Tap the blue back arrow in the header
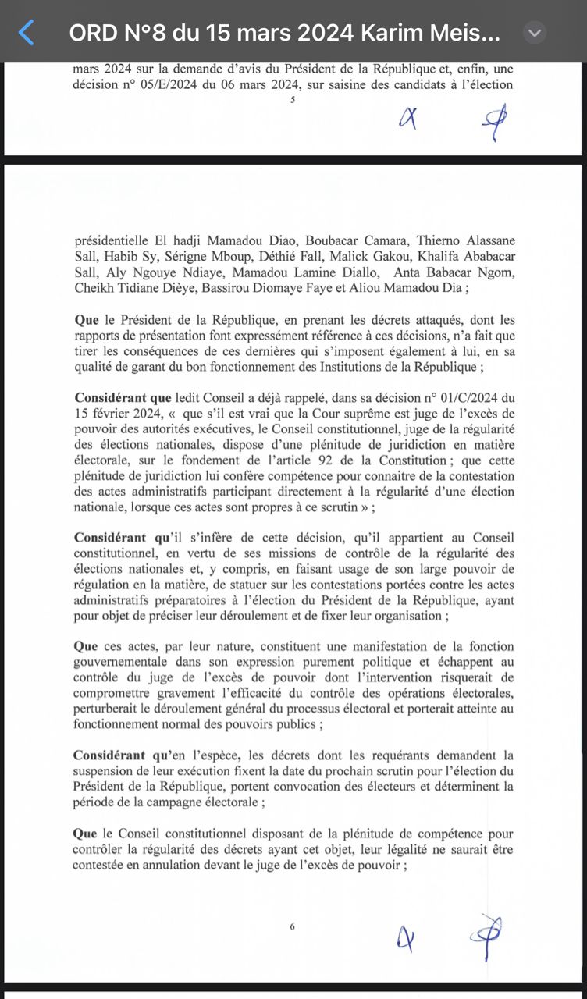point(27,33)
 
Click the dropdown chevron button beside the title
point(534,33)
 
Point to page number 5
point(293,100)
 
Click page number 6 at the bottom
point(293,926)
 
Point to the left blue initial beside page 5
point(407,119)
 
